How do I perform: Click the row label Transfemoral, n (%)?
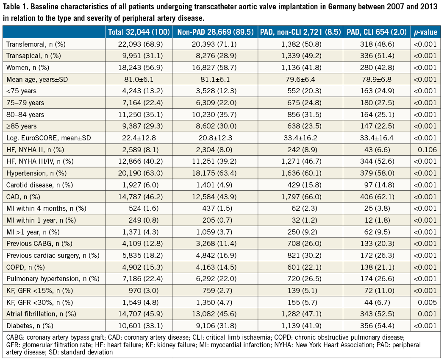click(36, 44)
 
